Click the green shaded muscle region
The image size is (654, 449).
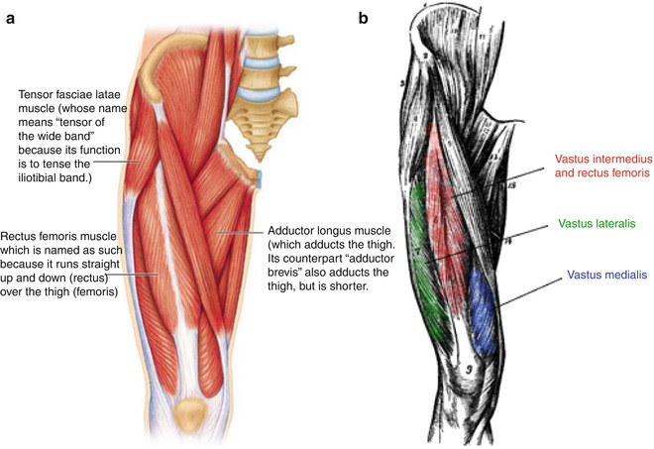(x=424, y=248)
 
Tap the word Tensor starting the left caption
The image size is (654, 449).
(x=39, y=94)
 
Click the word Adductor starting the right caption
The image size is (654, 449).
(x=294, y=230)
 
